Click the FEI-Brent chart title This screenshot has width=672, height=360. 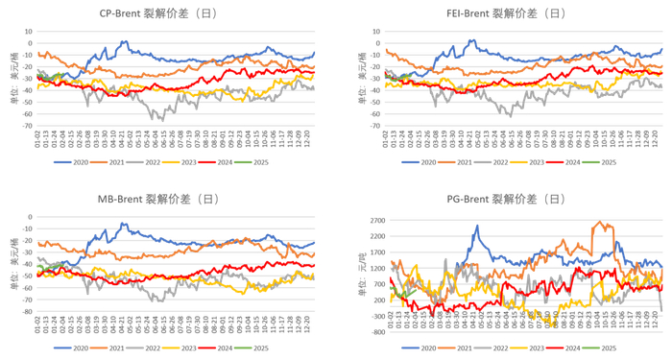click(x=509, y=13)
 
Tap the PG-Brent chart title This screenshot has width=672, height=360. click(x=509, y=199)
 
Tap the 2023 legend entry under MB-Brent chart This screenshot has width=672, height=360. click(x=191, y=348)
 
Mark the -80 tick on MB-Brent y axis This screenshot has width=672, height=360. click(x=28, y=312)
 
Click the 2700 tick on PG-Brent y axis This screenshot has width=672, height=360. click(x=374, y=220)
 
